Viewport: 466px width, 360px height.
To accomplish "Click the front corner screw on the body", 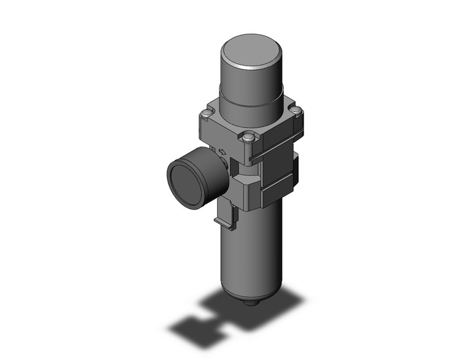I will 248,137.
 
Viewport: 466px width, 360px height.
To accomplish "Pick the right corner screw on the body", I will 297,111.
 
